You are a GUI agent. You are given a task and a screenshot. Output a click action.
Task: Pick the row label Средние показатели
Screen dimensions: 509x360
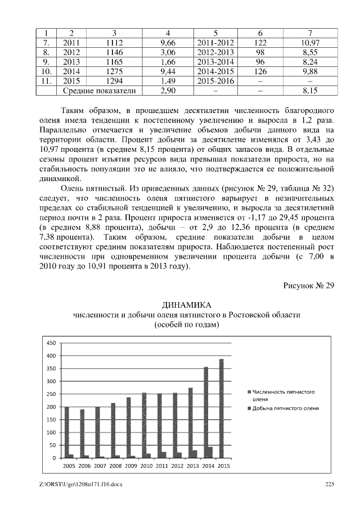click(94, 90)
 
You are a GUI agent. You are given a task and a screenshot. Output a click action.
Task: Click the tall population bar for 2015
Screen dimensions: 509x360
click(221, 408)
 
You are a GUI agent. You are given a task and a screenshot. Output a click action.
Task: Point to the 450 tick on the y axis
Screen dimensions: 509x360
click(51, 343)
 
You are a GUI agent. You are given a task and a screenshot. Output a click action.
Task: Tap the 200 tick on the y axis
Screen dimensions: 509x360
click(51, 407)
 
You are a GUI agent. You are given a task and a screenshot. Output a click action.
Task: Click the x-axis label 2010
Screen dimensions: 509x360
click(147, 466)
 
